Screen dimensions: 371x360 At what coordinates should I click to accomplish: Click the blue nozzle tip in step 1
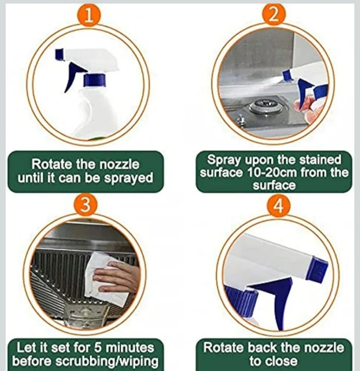tap(59, 55)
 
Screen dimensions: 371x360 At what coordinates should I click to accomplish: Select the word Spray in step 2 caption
tap(224, 160)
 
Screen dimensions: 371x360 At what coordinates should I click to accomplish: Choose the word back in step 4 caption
tap(260, 348)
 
